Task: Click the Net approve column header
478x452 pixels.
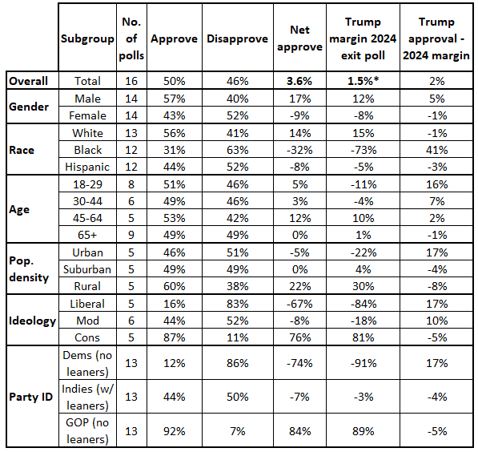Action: point(299,38)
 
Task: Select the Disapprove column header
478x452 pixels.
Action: point(237,38)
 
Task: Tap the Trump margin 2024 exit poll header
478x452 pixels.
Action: point(363,38)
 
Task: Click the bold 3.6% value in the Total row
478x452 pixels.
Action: point(299,81)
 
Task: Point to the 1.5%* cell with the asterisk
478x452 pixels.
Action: point(363,81)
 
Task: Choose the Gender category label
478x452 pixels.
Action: point(29,107)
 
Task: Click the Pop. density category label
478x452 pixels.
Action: point(29,269)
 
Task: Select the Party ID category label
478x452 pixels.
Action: point(30,397)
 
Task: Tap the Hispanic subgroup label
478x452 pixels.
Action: point(87,167)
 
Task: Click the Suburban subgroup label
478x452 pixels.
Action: point(87,269)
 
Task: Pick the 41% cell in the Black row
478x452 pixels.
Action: point(437,150)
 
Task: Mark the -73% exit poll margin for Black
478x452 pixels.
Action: point(363,150)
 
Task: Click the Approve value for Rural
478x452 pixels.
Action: point(174,286)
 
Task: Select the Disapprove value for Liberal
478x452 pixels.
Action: point(237,304)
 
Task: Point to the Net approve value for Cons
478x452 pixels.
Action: point(299,337)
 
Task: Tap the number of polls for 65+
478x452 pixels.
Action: point(131,235)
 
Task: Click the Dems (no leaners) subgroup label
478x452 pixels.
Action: point(87,364)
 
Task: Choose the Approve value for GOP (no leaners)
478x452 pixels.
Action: point(174,431)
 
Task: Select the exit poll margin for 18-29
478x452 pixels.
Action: point(363,184)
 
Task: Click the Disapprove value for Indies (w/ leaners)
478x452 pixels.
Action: point(237,397)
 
